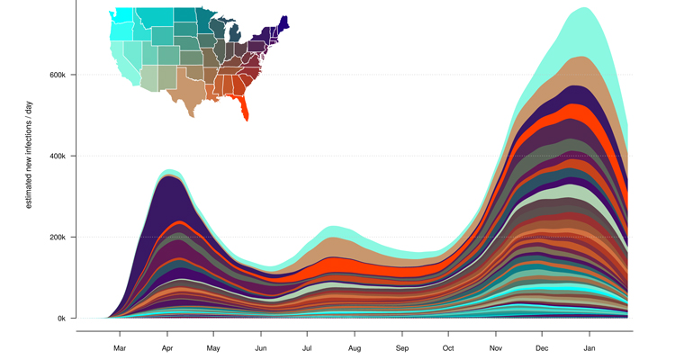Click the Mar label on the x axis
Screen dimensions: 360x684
120,347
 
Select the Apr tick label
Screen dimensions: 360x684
166,347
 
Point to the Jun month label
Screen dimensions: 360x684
261,347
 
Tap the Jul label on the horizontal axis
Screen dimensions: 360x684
307,347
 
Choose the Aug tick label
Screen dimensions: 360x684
355,347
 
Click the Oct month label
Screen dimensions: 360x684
448,347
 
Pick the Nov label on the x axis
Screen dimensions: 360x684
496,347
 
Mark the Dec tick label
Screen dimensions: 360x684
542,347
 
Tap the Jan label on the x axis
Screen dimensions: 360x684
589,347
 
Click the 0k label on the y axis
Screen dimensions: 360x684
58,319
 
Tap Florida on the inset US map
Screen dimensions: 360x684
243,109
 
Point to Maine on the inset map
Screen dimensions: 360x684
283,22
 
